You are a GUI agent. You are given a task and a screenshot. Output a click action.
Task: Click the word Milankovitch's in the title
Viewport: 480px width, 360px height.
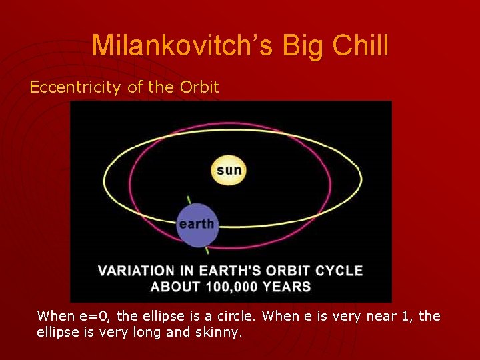coord(182,45)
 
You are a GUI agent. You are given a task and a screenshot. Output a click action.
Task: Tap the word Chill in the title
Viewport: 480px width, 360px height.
coord(360,45)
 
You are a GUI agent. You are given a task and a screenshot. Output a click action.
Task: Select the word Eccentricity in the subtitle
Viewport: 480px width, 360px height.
coord(75,87)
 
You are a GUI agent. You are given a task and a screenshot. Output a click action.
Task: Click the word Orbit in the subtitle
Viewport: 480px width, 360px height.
coord(199,87)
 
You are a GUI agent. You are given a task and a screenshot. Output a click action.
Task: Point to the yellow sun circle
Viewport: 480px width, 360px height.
coord(229,170)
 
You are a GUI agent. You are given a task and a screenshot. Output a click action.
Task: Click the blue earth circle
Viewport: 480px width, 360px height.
coord(197,225)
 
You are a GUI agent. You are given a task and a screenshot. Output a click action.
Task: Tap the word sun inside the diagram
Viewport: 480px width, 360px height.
coord(229,170)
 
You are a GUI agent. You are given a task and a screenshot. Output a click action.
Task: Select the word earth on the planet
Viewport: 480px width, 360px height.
coord(197,224)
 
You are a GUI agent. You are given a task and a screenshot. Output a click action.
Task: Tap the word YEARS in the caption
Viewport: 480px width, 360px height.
coord(287,287)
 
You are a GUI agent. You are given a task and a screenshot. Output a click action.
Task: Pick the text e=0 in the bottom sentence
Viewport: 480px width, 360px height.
coord(94,316)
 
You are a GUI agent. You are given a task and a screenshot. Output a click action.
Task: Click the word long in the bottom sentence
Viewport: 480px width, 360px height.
coord(147,333)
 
